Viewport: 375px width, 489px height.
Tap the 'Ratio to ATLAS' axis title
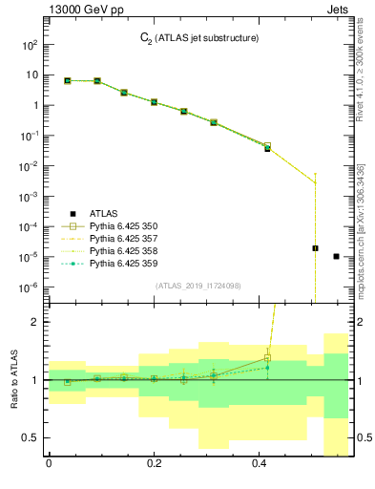[14, 379]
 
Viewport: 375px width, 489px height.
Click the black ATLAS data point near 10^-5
[315, 248]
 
